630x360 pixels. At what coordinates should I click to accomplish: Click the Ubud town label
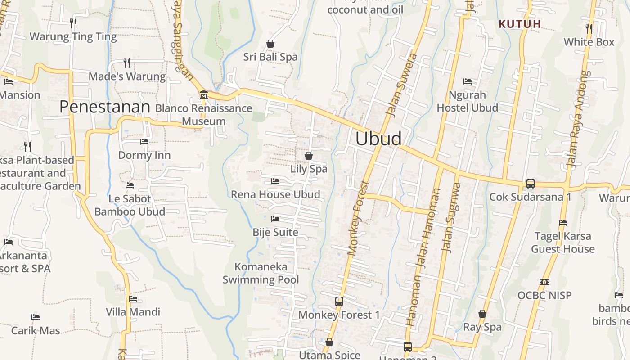pyautogui.click(x=378, y=139)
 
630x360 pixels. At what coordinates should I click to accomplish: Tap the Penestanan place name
pyautogui.click(x=104, y=107)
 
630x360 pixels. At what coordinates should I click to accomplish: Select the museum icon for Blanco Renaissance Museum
pyautogui.click(x=203, y=94)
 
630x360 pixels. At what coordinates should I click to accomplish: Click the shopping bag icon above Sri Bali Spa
pyautogui.click(x=270, y=44)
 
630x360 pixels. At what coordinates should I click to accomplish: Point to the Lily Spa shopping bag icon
pyautogui.click(x=309, y=156)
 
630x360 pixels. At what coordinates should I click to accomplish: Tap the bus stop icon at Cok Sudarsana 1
pyautogui.click(x=531, y=184)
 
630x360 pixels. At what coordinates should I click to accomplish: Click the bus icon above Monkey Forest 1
pyautogui.click(x=339, y=301)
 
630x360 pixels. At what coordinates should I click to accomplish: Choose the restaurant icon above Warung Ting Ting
pyautogui.click(x=73, y=23)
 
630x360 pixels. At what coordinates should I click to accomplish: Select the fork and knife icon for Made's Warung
pyautogui.click(x=127, y=63)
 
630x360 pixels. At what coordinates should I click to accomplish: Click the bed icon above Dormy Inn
pyautogui.click(x=144, y=142)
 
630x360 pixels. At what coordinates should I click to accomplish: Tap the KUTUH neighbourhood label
pyautogui.click(x=520, y=24)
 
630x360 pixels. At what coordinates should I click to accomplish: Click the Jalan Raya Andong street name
pyautogui.click(x=579, y=119)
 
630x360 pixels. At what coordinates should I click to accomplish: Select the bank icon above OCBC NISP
pyautogui.click(x=544, y=282)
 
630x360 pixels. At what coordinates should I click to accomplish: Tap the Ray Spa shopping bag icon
pyautogui.click(x=482, y=314)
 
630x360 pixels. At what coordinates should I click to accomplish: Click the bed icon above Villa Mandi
pyautogui.click(x=133, y=298)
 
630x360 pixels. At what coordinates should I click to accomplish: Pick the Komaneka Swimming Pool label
pyautogui.click(x=261, y=273)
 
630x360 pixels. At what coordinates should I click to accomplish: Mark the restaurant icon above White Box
pyautogui.click(x=589, y=28)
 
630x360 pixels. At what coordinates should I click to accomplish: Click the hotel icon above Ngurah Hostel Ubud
pyautogui.click(x=468, y=81)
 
